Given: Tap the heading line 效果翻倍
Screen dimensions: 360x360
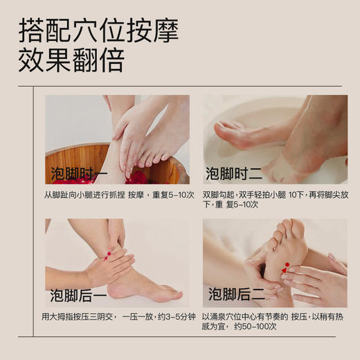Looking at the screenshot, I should (72, 60).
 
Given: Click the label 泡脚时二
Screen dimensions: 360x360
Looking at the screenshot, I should (233, 173).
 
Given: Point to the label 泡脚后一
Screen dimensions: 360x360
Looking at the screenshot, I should (78, 296).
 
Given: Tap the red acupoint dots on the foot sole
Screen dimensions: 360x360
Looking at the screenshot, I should (285, 267).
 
